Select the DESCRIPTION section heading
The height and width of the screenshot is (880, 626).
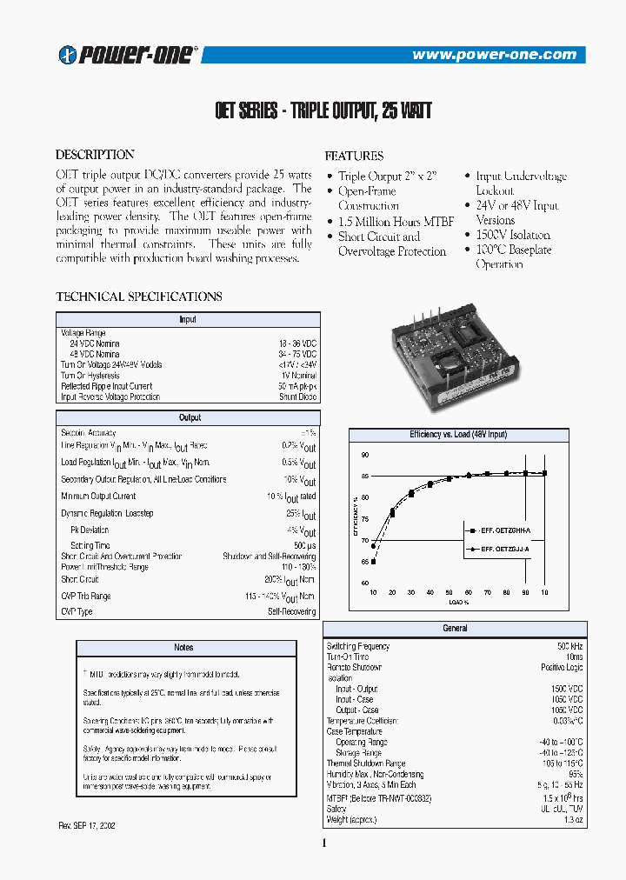pos(95,155)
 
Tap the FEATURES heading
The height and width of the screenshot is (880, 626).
pos(354,157)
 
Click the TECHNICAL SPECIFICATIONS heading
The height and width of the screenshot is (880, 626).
pos(139,297)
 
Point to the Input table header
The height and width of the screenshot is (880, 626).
pos(188,320)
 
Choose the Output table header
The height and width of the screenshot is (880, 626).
pos(190,418)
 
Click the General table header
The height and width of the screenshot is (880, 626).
pos(455,628)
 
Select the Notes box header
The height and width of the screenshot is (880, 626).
pos(183,648)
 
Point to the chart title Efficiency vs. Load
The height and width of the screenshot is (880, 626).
pos(458,434)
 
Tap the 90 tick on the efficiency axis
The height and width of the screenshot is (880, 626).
pos(365,455)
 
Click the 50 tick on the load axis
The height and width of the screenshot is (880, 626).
pos(450,592)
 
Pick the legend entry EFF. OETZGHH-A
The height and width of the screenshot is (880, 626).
pos(500,529)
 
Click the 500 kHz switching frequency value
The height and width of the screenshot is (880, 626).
pos(569,647)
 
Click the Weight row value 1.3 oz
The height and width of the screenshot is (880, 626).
pos(573,820)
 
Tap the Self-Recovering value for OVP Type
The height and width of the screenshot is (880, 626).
pos(291,612)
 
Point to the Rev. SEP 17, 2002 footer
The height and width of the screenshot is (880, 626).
pos(87,824)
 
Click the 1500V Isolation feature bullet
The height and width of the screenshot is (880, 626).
pos(512,235)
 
